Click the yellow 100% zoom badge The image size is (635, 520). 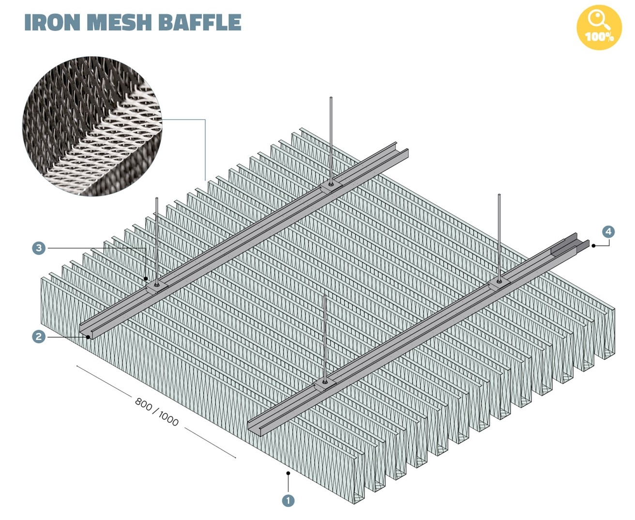(599, 28)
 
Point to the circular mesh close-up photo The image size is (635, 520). (92, 126)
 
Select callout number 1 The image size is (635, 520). (288, 500)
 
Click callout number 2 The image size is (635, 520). (39, 336)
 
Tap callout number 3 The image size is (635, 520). (39, 248)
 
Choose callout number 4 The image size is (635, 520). (608, 231)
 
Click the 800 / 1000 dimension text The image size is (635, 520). (157, 412)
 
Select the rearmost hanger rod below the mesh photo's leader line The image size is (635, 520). (331, 140)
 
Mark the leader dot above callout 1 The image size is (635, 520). (288, 473)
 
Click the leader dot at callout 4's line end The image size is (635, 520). (593, 246)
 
